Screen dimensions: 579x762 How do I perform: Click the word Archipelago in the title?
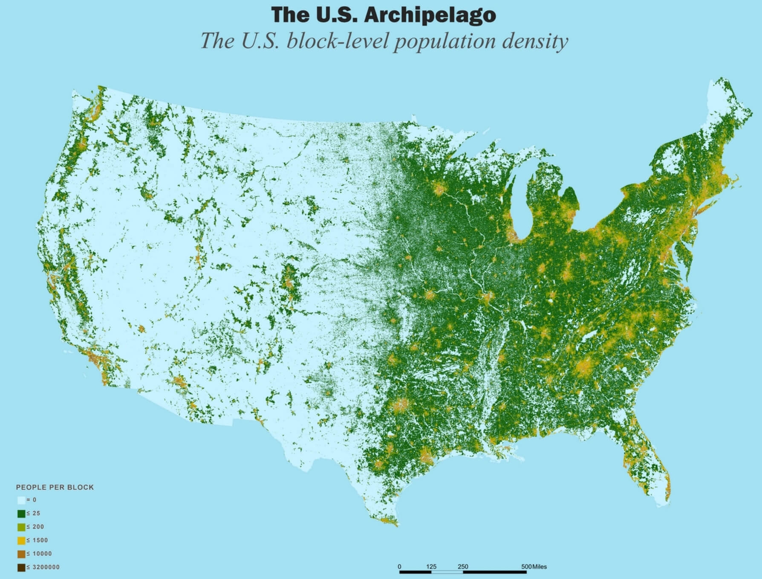click(430, 15)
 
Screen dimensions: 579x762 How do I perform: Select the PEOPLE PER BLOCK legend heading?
click(55, 487)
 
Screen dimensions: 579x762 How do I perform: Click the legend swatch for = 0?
click(21, 500)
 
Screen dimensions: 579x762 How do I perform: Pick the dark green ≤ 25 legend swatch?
click(21, 514)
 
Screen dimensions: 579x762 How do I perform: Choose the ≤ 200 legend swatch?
click(21, 527)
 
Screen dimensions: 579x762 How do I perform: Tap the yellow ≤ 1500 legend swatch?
click(21, 541)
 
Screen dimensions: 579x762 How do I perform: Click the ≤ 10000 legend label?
click(39, 554)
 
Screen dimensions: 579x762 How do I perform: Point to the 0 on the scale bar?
click(399, 567)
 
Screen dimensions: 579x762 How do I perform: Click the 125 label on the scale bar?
click(431, 567)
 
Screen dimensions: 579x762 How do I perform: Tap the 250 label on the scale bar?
click(463, 567)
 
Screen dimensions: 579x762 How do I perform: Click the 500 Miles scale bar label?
click(534, 567)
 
